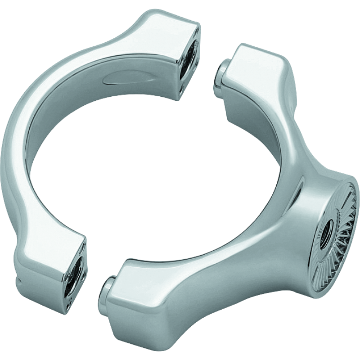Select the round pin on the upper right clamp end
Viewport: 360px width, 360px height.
pyautogui.click(x=222, y=72)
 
